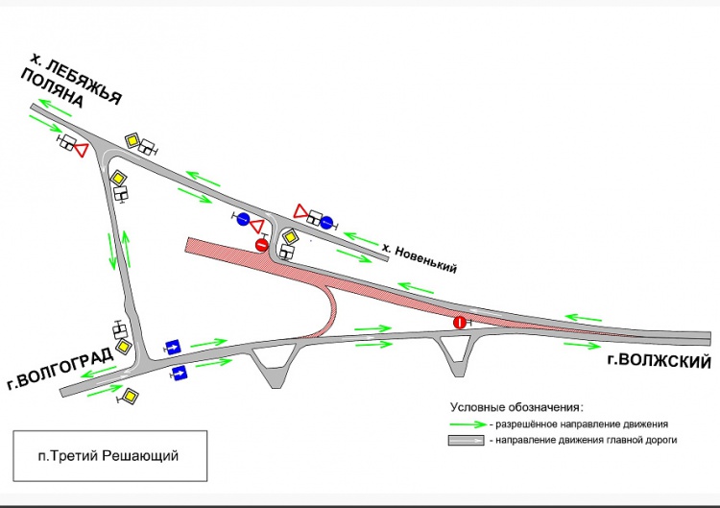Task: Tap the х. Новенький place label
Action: click(x=419, y=258)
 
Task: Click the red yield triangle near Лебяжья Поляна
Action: click(x=82, y=150)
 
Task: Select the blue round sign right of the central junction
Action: click(x=326, y=222)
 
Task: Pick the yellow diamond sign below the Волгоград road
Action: click(x=129, y=394)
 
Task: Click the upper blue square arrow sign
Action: click(x=174, y=346)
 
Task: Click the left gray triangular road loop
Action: click(x=274, y=366)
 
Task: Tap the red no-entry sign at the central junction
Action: click(x=261, y=245)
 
